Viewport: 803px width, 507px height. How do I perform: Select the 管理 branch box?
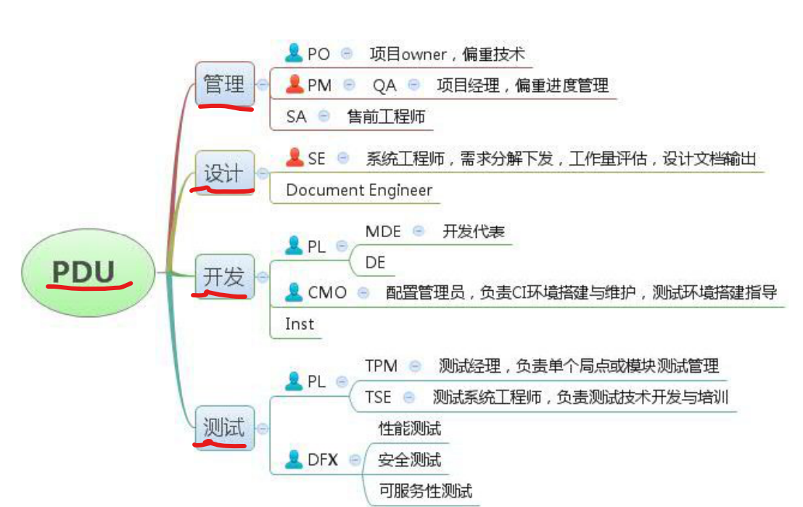(x=225, y=84)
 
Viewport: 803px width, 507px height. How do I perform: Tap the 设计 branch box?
(x=225, y=173)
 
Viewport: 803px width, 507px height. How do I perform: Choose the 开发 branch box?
(x=225, y=276)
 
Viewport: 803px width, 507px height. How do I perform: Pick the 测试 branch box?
(x=225, y=427)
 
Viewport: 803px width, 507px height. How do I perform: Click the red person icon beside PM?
(x=295, y=85)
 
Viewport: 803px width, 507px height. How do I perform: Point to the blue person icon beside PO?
(x=294, y=53)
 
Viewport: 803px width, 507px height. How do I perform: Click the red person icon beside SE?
(x=295, y=157)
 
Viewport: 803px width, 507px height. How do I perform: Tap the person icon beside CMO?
(x=294, y=292)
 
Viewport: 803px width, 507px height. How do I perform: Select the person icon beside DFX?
(x=294, y=459)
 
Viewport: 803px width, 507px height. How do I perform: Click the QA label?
(x=384, y=86)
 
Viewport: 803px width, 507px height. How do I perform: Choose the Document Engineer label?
(x=359, y=190)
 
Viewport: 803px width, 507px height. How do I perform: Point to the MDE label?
(x=383, y=231)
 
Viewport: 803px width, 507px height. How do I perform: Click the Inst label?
(x=300, y=323)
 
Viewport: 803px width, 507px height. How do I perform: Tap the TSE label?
(x=378, y=397)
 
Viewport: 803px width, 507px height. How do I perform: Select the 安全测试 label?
(x=409, y=459)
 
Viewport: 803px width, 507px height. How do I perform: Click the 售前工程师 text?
(x=386, y=116)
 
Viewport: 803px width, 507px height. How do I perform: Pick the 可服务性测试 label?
(x=425, y=491)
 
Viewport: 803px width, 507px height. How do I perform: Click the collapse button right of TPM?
(x=415, y=366)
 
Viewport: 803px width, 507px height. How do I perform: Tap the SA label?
(x=297, y=116)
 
